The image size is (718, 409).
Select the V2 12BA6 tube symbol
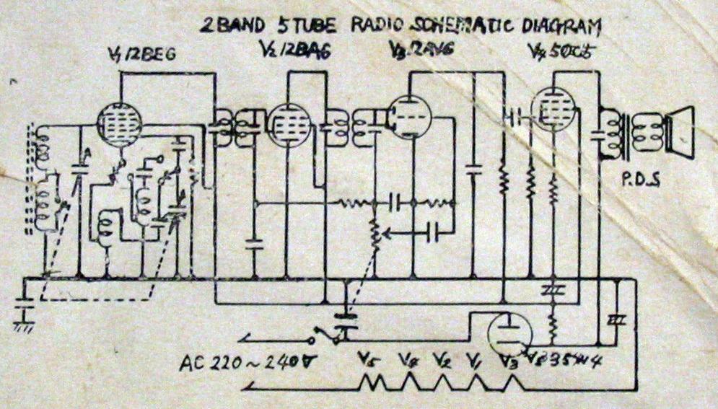tap(289, 125)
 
